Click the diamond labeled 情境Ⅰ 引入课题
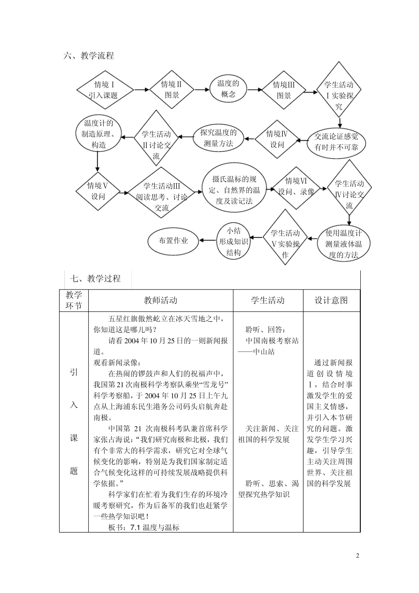tap(105, 90)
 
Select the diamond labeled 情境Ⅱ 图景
tap(172, 90)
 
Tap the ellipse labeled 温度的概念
tap(228, 89)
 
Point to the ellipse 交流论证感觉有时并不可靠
tap(337, 142)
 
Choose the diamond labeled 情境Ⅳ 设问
tap(277, 139)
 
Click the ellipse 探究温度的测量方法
tap(218, 138)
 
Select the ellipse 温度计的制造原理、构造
tap(98, 134)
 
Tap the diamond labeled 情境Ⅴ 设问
tap(97, 191)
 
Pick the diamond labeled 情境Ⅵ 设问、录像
tap(296, 187)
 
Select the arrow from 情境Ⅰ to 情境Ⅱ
tap(141, 90)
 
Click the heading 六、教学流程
tap(89, 56)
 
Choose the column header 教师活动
tap(161, 300)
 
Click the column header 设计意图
tap(331, 300)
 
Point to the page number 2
tap(358, 555)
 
